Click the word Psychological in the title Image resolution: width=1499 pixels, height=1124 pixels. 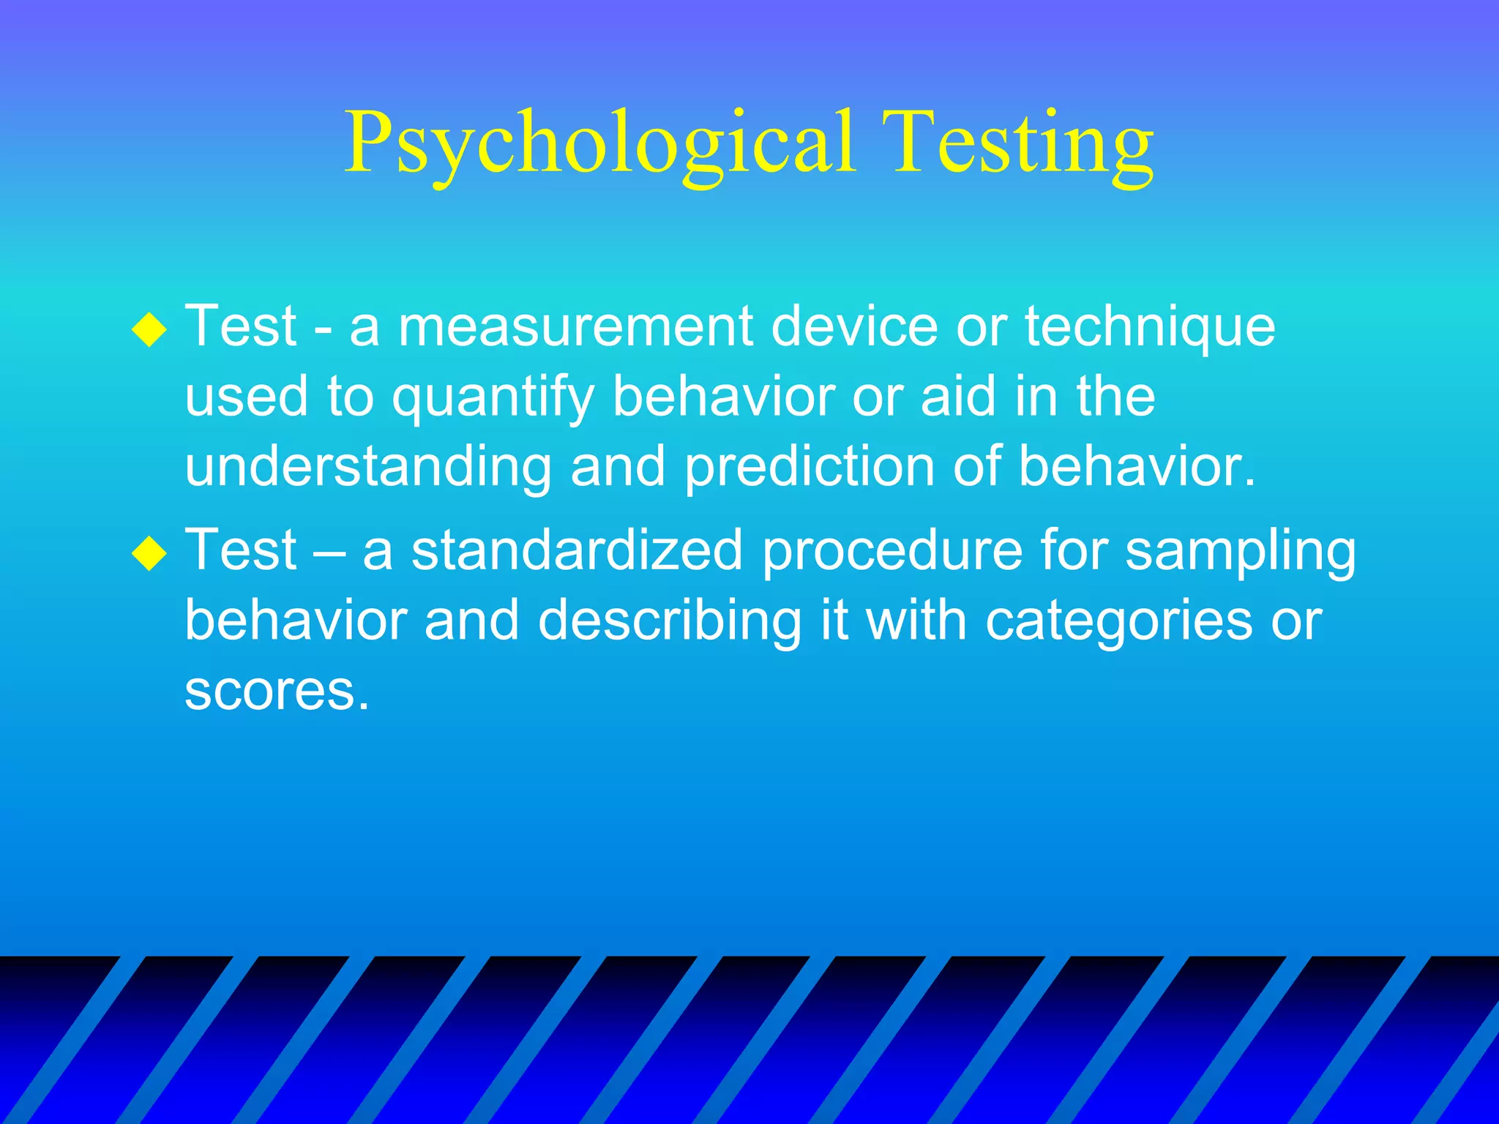600,143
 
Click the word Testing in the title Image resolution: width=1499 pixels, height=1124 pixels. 1022,143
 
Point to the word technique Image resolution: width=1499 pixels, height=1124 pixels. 1149,327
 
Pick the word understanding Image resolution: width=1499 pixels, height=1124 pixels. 368,468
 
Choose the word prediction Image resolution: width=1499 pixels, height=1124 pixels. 809,468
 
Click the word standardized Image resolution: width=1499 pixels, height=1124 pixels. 576,550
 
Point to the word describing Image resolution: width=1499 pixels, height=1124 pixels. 670,621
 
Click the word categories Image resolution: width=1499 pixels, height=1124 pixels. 1118,621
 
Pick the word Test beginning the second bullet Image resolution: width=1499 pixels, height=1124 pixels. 241,550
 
